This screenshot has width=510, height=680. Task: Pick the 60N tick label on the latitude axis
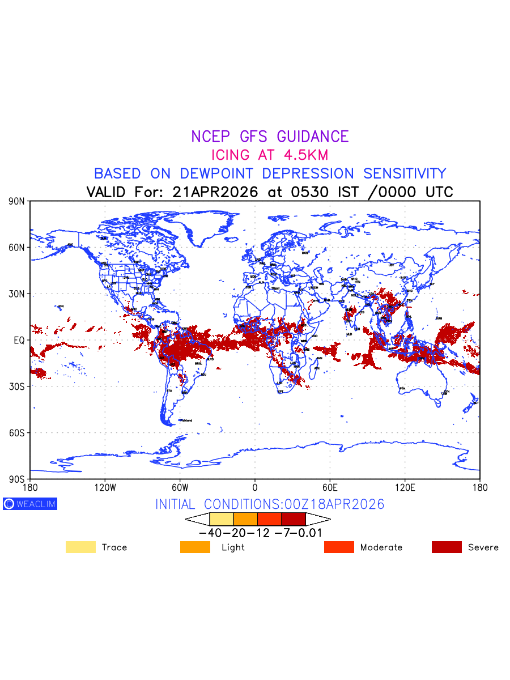click(16, 248)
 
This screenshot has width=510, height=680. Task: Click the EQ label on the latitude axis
click(19, 340)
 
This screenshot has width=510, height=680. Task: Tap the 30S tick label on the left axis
click(16, 386)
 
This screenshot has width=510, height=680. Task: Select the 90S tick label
click(16, 479)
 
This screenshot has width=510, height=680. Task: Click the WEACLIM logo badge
click(30, 504)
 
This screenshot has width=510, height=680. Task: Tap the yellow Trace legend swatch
click(80, 547)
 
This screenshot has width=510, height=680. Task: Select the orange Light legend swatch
click(195, 547)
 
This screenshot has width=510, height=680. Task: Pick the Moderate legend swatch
click(339, 547)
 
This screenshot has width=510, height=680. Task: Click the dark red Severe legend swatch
click(447, 547)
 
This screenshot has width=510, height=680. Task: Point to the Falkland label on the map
click(186, 420)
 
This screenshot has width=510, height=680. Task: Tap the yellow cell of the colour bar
click(222, 519)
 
